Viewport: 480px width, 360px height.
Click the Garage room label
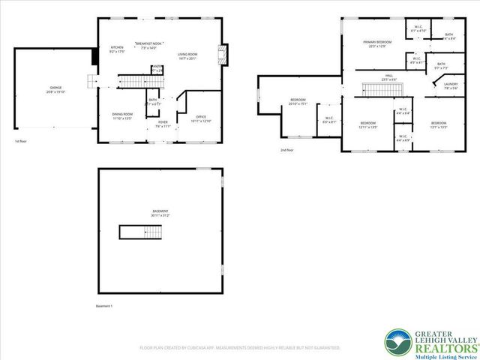(57, 90)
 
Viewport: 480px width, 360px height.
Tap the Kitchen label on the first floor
(117, 49)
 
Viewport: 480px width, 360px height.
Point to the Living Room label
(187, 56)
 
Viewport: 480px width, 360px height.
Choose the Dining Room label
(121, 116)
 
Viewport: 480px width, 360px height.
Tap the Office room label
(200, 118)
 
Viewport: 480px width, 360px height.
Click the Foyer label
(163, 125)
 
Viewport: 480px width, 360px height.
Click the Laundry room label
(450, 85)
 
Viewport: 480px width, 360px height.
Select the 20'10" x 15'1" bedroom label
(298, 102)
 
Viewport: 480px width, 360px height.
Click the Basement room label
(160, 213)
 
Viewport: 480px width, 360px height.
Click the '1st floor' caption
(22, 141)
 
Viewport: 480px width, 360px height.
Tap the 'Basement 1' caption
(104, 306)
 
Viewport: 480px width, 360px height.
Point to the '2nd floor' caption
(287, 150)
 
